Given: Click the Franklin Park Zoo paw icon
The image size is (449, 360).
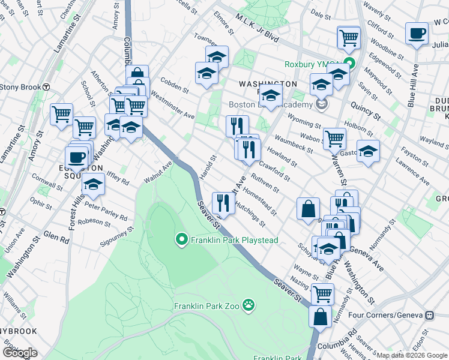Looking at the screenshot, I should point(249,306).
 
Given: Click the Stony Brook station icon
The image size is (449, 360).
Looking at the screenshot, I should point(46,86).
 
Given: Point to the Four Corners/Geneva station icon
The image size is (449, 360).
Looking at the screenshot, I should point(429,315).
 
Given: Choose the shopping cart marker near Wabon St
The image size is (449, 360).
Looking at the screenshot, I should point(334,138).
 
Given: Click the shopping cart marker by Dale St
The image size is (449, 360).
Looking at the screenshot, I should point(348,38).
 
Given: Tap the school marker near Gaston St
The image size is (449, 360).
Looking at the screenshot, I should point(368,151).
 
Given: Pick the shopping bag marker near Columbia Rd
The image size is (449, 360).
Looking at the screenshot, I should point(321,316).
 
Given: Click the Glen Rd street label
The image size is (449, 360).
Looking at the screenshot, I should point(56,237).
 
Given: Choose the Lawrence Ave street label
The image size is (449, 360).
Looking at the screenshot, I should point(412,171).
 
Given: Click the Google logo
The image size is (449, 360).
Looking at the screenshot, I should point(20,353).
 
